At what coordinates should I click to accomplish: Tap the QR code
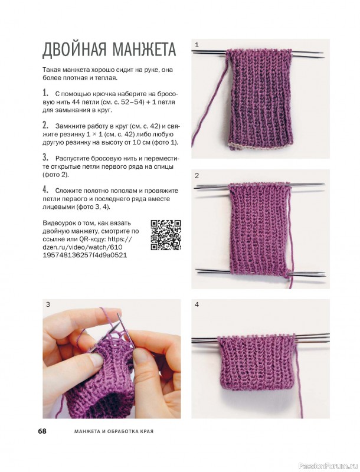pos(166,235)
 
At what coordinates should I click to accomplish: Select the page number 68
pos(42,431)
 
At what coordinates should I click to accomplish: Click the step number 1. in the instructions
pos(46,93)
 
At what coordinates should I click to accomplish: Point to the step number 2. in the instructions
pos(46,125)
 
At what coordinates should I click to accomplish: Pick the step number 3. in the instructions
pos(46,158)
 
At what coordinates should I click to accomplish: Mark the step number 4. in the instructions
pos(46,190)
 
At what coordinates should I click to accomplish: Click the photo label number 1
pos(197,45)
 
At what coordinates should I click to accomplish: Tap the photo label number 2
pos(197,175)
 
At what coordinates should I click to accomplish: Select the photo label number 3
pos(48,304)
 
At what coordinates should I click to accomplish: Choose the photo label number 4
pos(197,304)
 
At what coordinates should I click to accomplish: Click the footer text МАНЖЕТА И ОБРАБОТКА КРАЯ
pos(114,431)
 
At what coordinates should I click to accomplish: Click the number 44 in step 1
pos(79,102)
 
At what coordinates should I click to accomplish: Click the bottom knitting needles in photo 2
pos(261,272)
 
